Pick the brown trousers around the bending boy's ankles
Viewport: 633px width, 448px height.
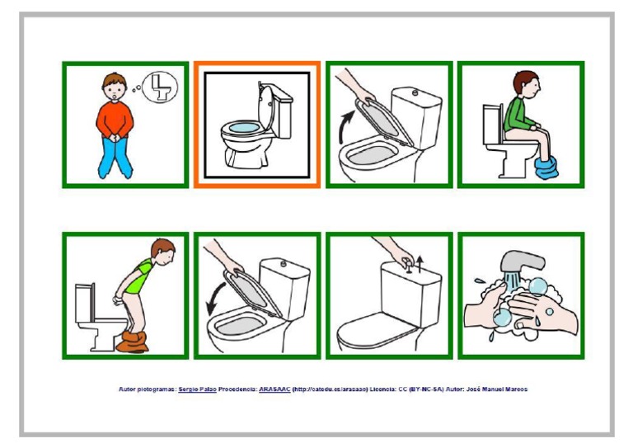[132, 340]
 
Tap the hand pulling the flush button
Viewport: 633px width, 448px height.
[392, 248]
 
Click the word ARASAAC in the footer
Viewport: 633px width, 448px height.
[274, 389]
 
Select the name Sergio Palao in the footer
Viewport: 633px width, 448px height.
[197, 389]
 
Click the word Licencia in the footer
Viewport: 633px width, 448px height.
[387, 389]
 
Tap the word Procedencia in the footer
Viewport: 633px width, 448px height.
[237, 389]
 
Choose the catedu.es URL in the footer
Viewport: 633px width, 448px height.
[329, 389]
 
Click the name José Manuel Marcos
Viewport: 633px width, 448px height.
[496, 389]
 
